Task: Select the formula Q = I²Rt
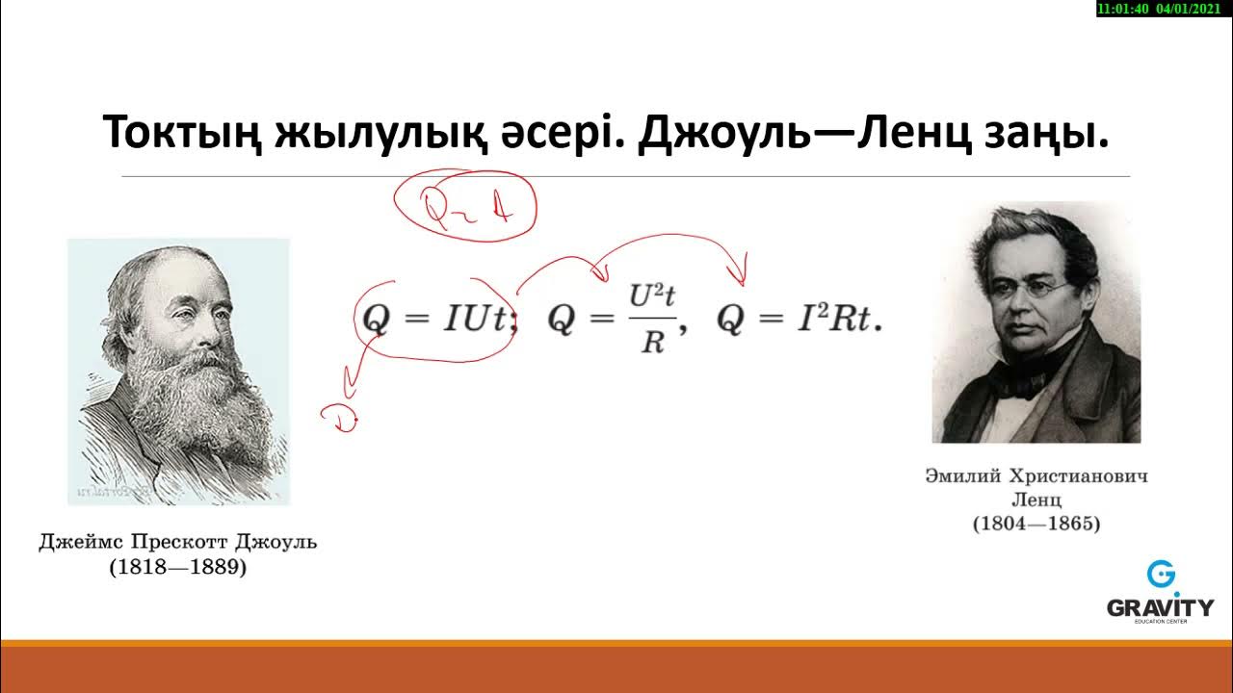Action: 799,321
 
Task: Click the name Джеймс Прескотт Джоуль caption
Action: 178,542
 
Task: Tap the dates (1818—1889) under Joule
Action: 178,568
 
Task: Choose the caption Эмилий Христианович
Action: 1036,476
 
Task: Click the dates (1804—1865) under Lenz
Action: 1036,525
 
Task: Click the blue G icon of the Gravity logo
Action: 1161,576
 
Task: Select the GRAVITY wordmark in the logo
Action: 1160,607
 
